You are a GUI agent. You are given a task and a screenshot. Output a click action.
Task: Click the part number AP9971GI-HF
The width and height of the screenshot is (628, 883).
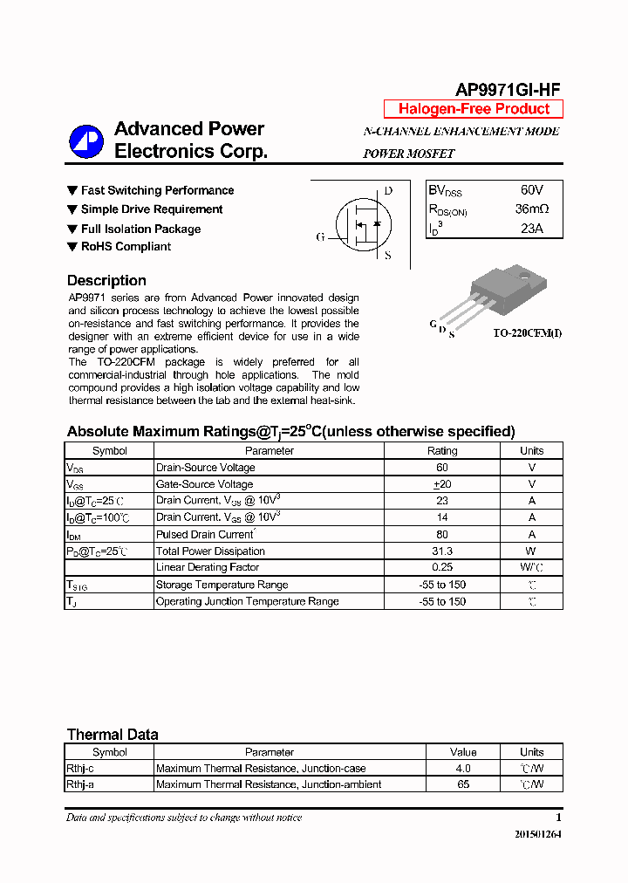point(508,89)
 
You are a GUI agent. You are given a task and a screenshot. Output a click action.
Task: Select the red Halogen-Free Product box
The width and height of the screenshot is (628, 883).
point(474,109)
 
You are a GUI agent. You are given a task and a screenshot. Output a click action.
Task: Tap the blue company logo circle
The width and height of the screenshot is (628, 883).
point(86,142)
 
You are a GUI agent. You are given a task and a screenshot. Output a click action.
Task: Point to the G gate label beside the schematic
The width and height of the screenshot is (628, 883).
point(320,236)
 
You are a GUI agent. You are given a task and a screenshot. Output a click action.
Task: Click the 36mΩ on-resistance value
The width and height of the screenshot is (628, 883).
point(531,209)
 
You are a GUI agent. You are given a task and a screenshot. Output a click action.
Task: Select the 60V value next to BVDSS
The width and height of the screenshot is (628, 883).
point(531,190)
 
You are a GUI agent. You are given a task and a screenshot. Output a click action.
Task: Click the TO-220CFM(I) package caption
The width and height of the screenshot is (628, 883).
point(527,333)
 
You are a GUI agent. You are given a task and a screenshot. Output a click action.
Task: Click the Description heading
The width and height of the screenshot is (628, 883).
point(106,281)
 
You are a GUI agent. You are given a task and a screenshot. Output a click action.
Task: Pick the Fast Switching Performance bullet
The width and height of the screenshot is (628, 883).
point(157,190)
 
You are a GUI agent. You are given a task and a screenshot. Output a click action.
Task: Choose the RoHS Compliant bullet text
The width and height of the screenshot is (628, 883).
point(126,247)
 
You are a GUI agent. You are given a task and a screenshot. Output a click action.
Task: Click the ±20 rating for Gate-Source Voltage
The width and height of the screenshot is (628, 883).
point(441,484)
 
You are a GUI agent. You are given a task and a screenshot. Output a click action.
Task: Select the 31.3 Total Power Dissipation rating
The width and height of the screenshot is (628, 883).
point(441,551)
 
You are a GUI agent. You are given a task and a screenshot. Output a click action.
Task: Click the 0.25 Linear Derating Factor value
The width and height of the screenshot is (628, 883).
point(441,568)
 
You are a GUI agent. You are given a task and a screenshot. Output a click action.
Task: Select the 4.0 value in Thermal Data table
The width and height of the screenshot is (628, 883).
point(462,769)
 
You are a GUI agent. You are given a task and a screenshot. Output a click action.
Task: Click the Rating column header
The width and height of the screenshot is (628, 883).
point(441,451)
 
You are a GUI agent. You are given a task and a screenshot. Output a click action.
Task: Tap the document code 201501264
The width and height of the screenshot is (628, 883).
point(538,835)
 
